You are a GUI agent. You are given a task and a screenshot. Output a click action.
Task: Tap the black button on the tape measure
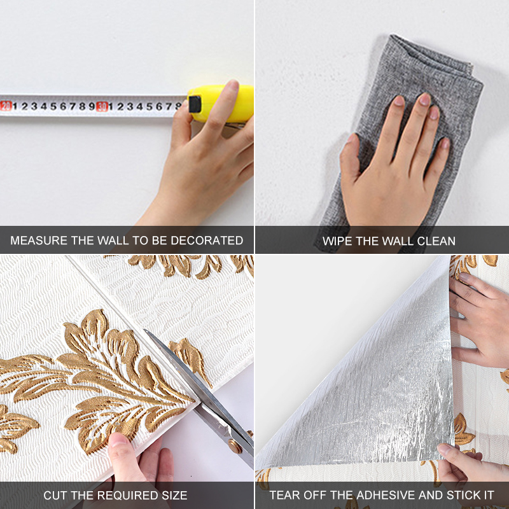[195, 104]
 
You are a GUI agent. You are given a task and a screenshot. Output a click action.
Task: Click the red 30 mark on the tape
[102, 106]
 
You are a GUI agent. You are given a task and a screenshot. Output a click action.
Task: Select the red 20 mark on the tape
[6, 106]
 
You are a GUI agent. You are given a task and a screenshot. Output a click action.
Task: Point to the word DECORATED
[207, 241]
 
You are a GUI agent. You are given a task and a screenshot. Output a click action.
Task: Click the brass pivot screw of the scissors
[235, 446]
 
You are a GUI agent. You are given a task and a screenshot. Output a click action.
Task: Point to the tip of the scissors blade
[145, 330]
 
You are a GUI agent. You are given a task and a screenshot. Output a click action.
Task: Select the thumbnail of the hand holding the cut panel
[118, 440]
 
